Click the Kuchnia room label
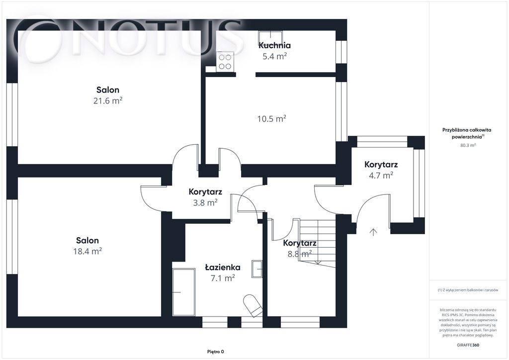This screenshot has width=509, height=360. (274, 45)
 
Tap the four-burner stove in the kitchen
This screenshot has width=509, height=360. (225, 62)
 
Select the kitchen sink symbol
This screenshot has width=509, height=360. (270, 38)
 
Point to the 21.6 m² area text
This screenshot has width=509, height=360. (108, 100)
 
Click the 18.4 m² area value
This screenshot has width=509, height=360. (87, 251)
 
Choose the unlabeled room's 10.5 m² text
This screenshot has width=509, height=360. (272, 119)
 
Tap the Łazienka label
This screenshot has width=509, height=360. (223, 267)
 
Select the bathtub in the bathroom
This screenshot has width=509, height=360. (184, 292)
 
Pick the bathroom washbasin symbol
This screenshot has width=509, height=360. (257, 269)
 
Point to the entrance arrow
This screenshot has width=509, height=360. (373, 232)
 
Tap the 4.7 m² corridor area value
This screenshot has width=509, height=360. (381, 176)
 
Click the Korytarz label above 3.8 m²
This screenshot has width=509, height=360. (205, 191)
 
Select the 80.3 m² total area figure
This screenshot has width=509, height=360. (468, 145)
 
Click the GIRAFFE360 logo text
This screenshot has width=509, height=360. (468, 345)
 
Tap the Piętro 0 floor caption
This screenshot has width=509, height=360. (216, 352)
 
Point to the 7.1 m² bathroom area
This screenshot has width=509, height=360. (223, 278)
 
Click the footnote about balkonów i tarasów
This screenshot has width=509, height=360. (468, 290)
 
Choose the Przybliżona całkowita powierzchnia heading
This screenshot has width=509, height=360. (467, 133)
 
